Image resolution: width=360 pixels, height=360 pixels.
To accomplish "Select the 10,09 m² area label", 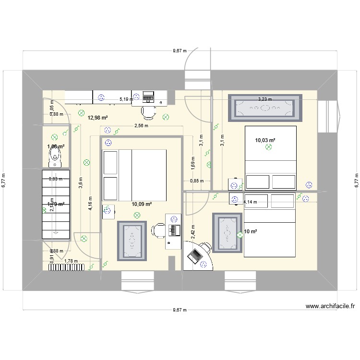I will coord(142,204).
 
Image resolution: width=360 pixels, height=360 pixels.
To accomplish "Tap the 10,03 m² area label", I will coord(265,140).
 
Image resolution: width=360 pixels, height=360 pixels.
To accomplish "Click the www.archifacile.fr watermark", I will coord(330,306).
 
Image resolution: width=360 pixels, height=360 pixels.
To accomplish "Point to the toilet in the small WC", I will coord(55,155).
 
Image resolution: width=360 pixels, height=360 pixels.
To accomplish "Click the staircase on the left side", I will coord(56,204).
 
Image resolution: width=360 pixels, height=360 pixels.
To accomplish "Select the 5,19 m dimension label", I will coord(126,100).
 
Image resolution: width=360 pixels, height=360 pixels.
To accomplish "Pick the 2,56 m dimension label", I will coord(142,126).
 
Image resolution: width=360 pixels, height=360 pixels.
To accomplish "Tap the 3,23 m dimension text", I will coord(265,99).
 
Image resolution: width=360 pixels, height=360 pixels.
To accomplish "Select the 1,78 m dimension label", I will coord(71,261).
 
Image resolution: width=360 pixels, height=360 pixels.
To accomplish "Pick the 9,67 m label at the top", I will coord(180,50).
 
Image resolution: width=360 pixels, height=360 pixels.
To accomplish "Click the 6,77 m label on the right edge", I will coord(356,180).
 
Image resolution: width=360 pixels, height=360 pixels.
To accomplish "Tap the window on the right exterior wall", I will coord(331,115).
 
